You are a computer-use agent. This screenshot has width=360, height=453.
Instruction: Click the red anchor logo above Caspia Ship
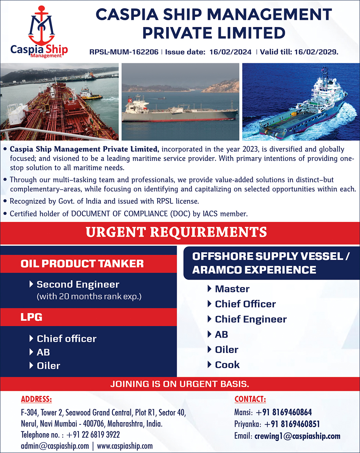tap(42, 25)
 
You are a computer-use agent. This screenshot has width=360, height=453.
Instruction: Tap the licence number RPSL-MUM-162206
tap(124, 52)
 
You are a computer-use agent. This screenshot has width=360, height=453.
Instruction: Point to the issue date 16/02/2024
tap(230, 52)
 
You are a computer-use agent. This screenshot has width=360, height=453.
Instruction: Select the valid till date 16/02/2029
tap(316, 52)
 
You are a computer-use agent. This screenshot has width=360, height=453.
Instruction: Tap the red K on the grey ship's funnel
tap(130, 100)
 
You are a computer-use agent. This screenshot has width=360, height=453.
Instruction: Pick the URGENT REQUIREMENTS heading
tap(176, 232)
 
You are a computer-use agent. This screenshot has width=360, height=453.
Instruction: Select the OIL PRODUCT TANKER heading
tap(82, 263)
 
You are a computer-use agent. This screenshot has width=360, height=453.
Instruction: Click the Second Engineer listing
tap(78, 284)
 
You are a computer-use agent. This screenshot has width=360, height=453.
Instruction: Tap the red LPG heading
tap(31, 317)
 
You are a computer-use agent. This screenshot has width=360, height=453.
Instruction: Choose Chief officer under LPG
tap(66, 339)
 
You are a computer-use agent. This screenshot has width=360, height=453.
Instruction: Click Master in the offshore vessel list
tap(232, 289)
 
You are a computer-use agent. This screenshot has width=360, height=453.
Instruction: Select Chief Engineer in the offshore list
tap(251, 319)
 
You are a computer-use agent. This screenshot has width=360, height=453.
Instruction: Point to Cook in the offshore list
tap(227, 365)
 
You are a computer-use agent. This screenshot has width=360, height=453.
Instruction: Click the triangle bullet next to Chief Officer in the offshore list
tap(209, 304)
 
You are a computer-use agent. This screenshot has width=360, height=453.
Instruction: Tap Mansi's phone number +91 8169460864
tap(284, 412)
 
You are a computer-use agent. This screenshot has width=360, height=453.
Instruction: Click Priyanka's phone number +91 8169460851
tap(292, 424)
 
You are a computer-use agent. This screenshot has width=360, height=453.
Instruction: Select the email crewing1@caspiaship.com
tap(298, 436)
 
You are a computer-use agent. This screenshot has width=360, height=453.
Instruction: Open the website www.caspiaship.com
tap(125, 446)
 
